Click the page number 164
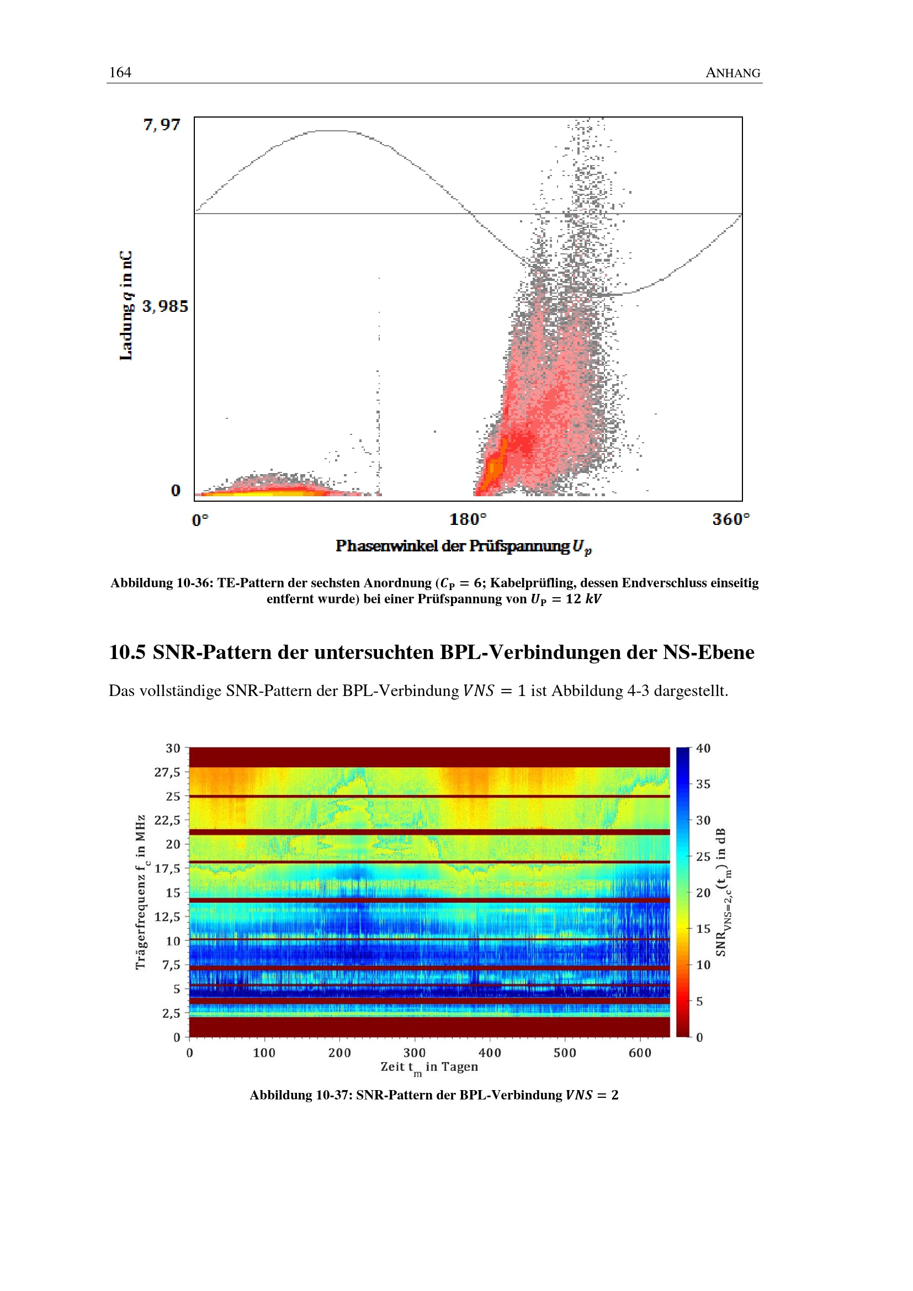[x=120, y=72]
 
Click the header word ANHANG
[x=732, y=73]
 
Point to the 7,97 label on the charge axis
[x=162, y=124]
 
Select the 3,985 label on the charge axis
[x=164, y=306]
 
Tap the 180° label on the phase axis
[x=468, y=519]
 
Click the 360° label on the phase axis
[x=731, y=519]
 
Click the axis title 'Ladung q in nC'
[x=126, y=305]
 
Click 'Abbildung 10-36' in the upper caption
[x=158, y=582]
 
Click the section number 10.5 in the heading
[x=127, y=652]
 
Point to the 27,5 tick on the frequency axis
[x=167, y=772]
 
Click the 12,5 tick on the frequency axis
[x=167, y=917]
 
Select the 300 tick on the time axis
[x=415, y=1053]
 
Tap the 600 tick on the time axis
[x=640, y=1053]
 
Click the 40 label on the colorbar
[x=703, y=748]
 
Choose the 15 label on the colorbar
[x=703, y=929]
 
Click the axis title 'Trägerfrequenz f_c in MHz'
[x=141, y=892]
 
